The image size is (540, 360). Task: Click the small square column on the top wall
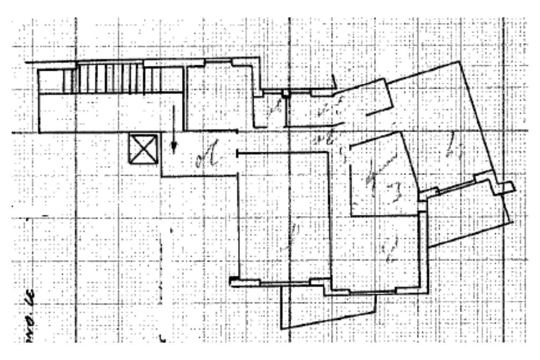285,93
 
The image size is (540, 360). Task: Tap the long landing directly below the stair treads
111,112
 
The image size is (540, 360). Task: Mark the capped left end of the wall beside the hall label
238,153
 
